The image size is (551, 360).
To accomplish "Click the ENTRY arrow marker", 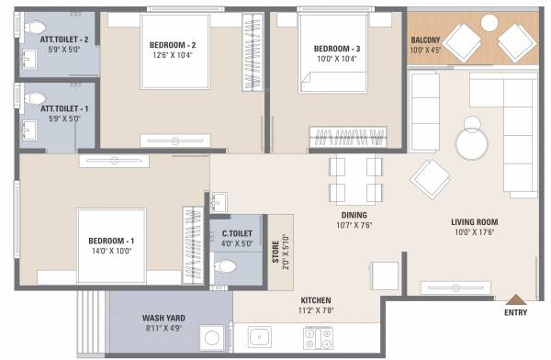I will pyautogui.click(x=516, y=298).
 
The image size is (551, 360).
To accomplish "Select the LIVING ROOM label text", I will pyautogui.click(x=474, y=221).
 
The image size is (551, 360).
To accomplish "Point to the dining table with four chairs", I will pyautogui.click(x=355, y=179).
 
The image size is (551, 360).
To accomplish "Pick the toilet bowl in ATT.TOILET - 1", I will pyautogui.click(x=34, y=96).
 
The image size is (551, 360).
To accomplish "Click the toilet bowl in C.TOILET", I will pyautogui.click(x=226, y=267).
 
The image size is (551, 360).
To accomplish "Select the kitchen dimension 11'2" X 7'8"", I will pyautogui.click(x=316, y=312).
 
